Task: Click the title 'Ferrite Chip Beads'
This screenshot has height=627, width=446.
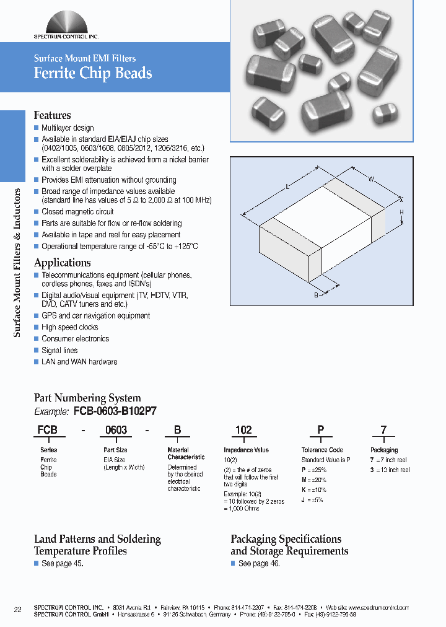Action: [92, 73]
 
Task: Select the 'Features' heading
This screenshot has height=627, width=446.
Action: [52, 115]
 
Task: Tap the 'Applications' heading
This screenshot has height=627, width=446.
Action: [62, 262]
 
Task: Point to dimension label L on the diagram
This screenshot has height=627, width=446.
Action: [289, 186]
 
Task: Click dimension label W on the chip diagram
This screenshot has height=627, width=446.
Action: [371, 180]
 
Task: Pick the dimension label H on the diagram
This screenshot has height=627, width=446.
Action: [401, 213]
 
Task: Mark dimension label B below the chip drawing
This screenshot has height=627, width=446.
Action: [316, 296]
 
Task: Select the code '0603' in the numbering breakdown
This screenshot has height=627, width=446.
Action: [116, 430]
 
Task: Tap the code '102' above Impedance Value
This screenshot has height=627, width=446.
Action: [243, 430]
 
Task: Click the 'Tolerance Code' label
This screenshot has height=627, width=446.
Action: [321, 450]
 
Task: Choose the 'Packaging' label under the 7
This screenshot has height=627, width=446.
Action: [384, 450]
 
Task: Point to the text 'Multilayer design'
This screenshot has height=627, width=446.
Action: [68, 128]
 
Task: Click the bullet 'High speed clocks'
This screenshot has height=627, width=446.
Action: [69, 327]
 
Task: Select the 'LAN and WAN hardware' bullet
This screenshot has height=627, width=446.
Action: [79, 362]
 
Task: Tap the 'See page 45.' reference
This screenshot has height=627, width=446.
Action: [61, 563]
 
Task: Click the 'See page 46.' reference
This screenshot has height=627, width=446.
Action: [259, 563]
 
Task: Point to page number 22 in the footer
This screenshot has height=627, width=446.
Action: [18, 610]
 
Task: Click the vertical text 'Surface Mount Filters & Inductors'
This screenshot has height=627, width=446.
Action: [17, 263]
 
